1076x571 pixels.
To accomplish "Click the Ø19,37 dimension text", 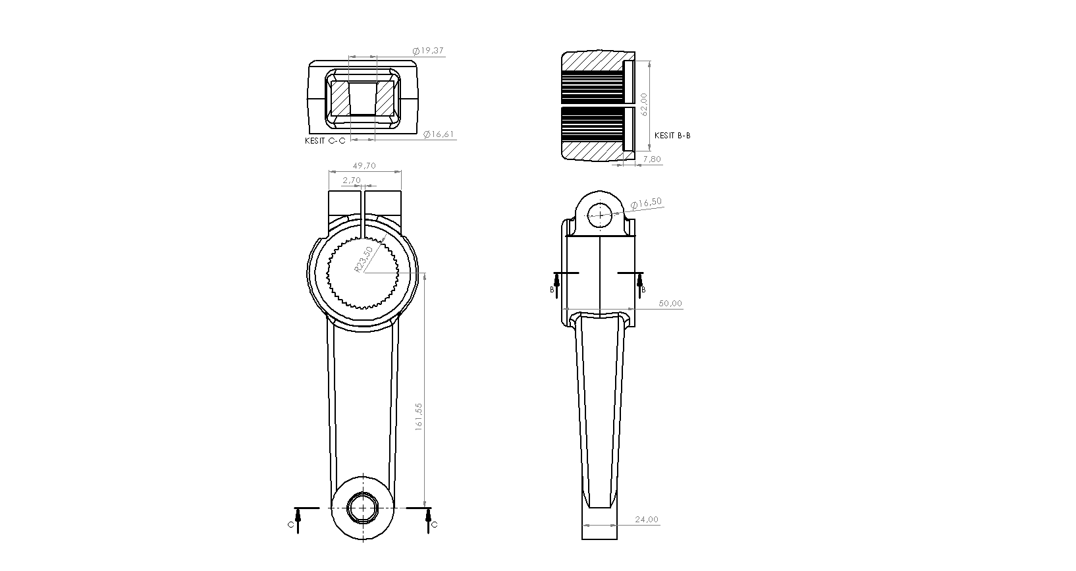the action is tap(428, 51).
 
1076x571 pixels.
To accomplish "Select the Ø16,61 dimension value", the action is tap(439, 134).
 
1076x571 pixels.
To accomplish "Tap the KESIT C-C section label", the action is tap(325, 141).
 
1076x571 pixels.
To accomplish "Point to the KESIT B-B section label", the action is tap(672, 136).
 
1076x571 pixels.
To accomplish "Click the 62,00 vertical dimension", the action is tap(644, 104).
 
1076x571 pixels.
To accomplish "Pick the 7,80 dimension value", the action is tap(652, 159).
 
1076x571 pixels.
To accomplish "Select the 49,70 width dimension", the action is tap(364, 166).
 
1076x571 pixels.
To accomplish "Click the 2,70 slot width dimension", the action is tap(352, 180).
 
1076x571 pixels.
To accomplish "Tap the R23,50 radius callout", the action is tap(363, 259).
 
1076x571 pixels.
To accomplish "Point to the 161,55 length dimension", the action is tap(418, 416).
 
